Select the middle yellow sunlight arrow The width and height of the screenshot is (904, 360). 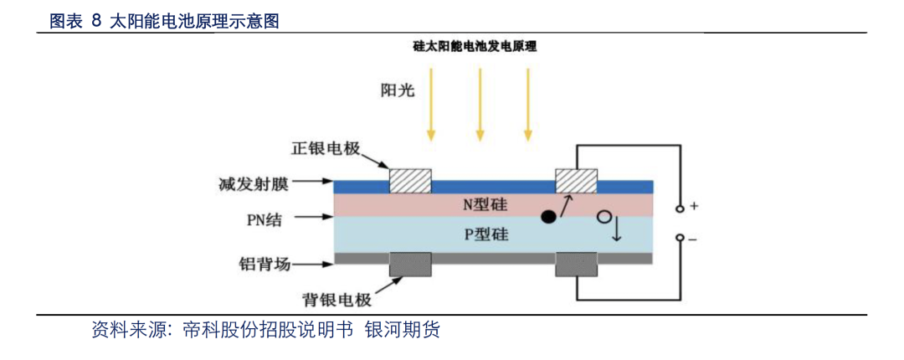click(480, 104)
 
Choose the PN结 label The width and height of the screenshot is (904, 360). click(264, 219)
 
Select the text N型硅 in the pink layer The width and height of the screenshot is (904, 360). click(485, 205)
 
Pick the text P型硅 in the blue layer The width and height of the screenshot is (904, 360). click(485, 234)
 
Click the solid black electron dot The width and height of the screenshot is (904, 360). click(548, 217)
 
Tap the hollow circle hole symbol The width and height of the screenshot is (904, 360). click(604, 218)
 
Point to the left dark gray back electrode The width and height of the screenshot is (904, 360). click(410, 265)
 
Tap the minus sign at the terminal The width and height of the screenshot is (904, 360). click(693, 239)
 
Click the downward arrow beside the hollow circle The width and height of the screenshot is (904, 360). click(618, 228)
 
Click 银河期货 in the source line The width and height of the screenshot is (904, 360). click(403, 331)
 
